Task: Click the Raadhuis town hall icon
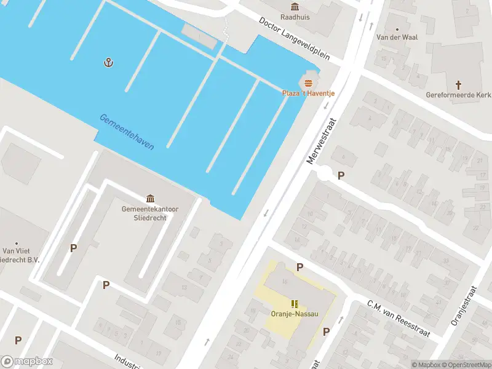[295, 7]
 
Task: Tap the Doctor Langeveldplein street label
[294, 39]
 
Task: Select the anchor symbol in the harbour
[109, 62]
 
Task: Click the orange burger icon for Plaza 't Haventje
[308, 83]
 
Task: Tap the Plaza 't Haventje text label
[308, 93]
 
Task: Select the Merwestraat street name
[323, 141]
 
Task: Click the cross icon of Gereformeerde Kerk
[458, 84]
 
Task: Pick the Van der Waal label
[397, 37]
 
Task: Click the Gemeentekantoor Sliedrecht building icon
[150, 198]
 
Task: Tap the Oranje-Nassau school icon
[295, 303]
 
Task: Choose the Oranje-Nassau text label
[295, 314]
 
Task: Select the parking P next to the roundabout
[341, 175]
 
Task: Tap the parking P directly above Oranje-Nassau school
[300, 267]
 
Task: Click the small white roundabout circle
[324, 174]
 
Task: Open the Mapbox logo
[27, 362]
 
